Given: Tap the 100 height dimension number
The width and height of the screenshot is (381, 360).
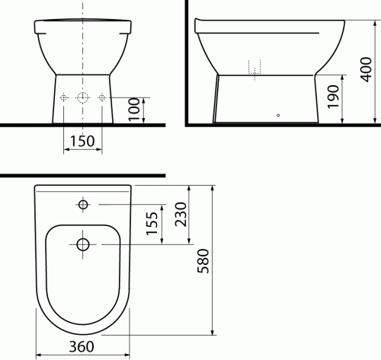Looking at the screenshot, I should tap(134, 110).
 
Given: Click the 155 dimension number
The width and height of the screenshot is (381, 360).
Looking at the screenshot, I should tap(152, 225).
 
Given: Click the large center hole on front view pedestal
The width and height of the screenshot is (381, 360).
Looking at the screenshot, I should tap(82, 98).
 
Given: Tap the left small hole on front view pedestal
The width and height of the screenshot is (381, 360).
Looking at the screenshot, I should tap(65, 98).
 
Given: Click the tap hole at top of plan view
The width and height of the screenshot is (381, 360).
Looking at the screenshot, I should tap(83, 205).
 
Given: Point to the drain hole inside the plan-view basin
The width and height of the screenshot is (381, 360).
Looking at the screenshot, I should tap(83, 244).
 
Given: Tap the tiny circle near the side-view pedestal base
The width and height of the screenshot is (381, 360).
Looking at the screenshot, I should tap(277, 116).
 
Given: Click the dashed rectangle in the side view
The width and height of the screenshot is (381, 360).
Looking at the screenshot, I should tap(255, 67).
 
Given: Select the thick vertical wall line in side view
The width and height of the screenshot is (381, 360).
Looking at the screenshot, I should tap(187, 61).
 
